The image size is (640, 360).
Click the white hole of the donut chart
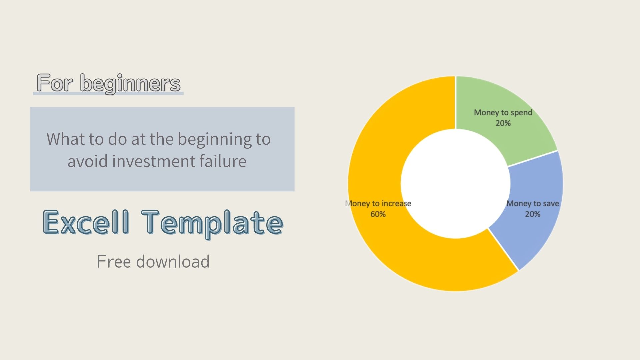455,183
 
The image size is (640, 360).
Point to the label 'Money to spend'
503,113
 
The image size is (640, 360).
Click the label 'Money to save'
532,204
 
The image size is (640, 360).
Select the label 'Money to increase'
378,204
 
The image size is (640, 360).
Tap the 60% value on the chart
378,214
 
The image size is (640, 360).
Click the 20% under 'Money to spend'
503,123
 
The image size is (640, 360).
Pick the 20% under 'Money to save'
532,214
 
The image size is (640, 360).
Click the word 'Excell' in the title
86,222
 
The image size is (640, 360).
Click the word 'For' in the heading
54,83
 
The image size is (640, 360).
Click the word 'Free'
114,262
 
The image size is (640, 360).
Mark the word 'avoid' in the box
88,162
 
